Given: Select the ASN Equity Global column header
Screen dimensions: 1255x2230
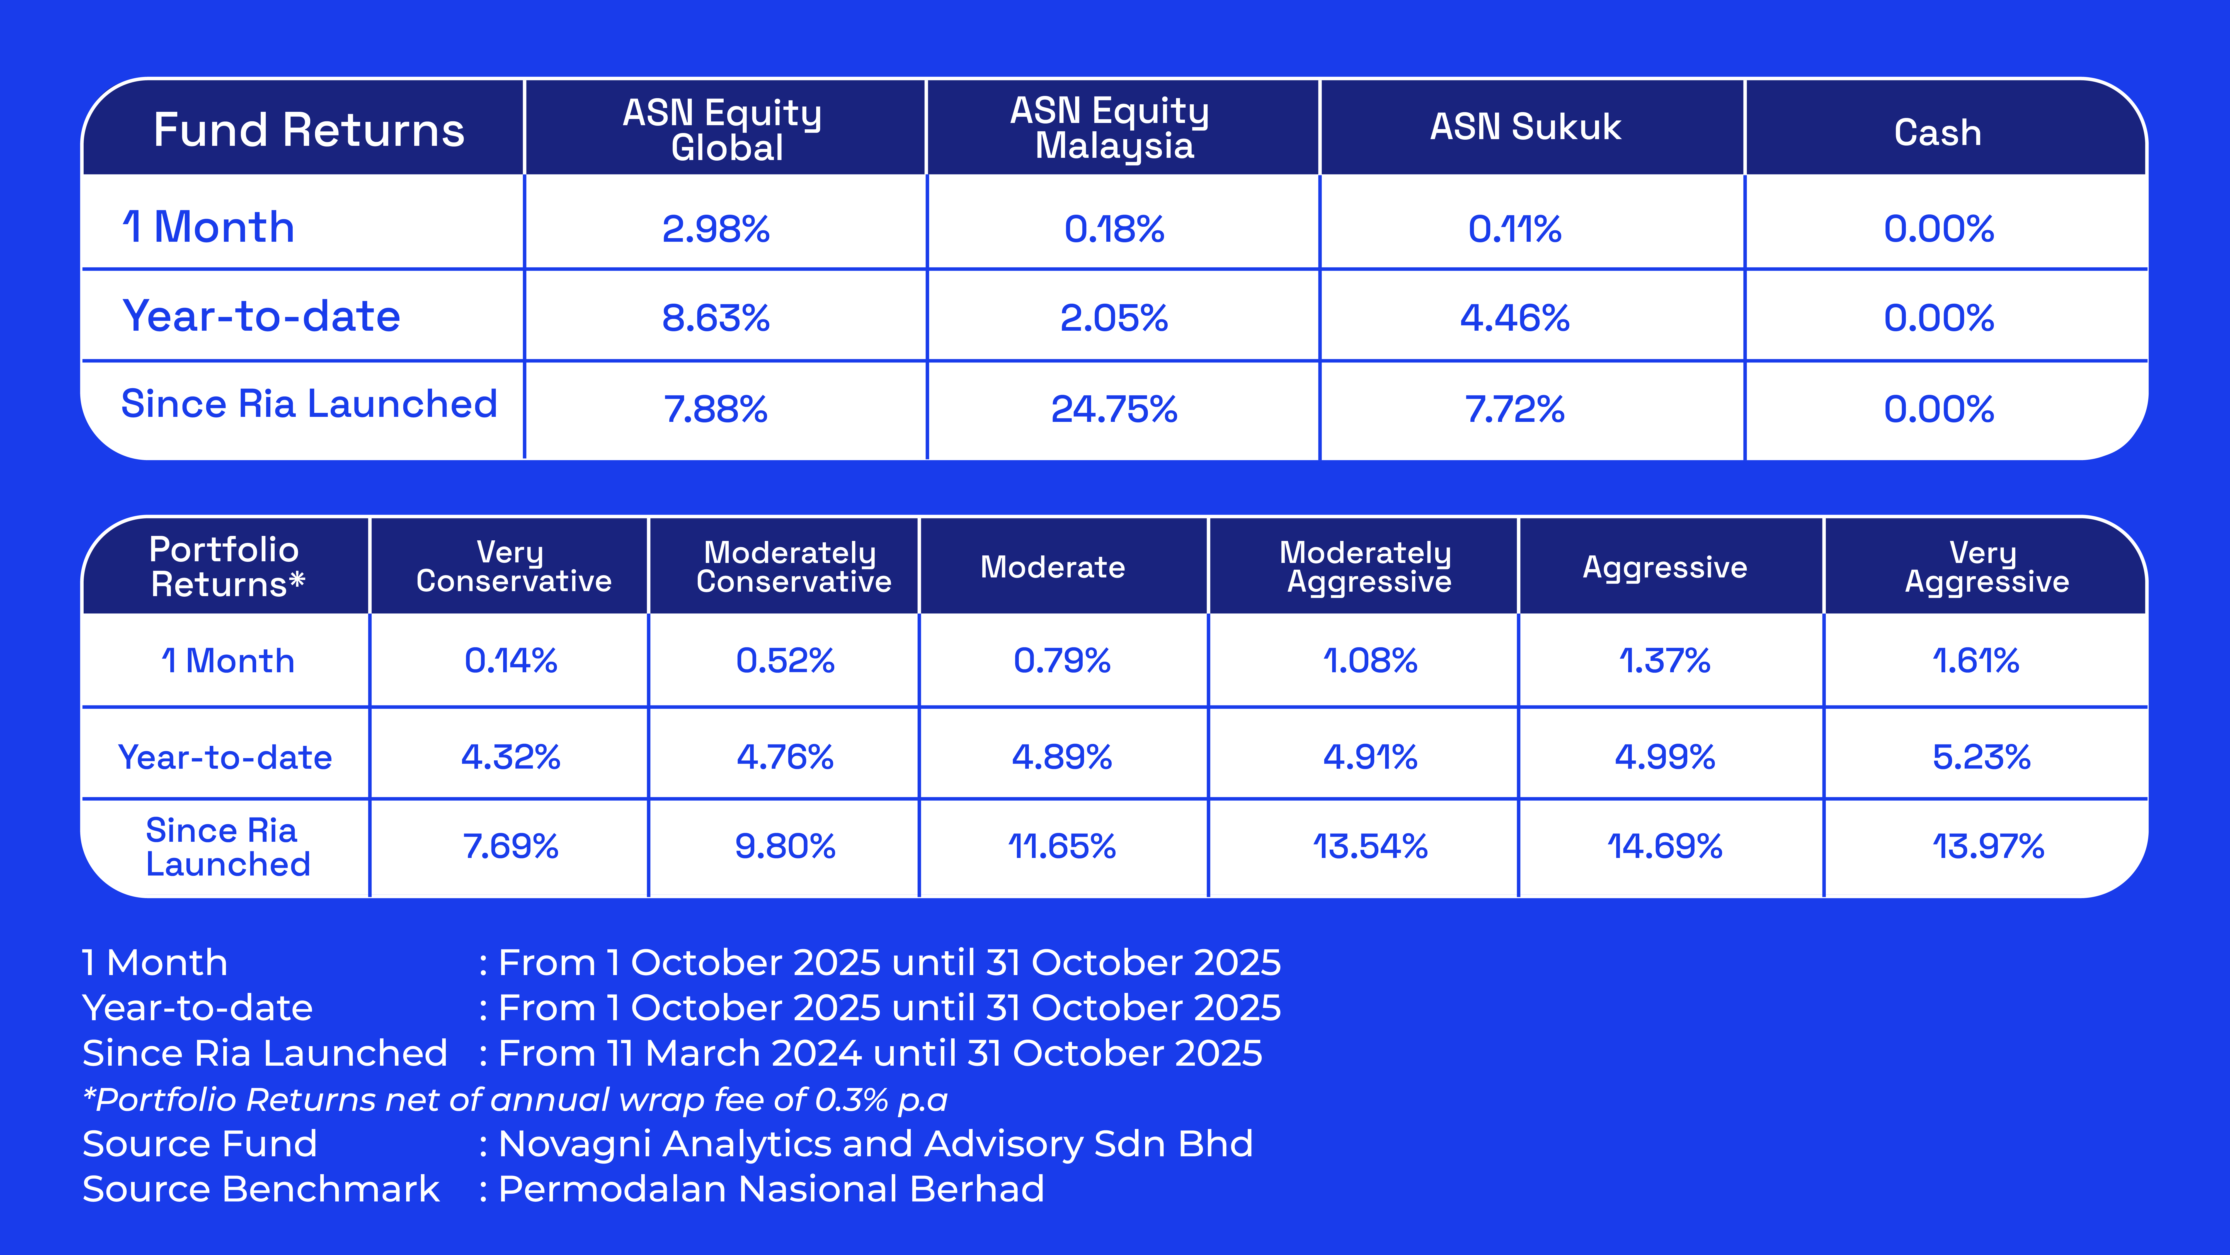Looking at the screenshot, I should coord(723,130).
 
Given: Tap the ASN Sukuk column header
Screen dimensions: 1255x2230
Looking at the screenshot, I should coord(1525,127).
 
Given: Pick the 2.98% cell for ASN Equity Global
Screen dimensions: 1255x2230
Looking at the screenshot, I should coord(716,229).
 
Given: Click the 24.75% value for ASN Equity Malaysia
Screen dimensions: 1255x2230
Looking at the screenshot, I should coord(1114,409).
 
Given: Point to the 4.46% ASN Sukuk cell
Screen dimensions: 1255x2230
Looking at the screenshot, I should coord(1515,318).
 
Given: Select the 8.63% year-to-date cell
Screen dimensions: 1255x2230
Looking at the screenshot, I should coord(716,318).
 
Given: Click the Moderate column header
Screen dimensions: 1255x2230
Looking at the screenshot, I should coord(1053,567).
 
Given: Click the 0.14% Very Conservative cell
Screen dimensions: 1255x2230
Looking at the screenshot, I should coord(511,661).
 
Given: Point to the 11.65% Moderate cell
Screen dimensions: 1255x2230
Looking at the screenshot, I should coord(1062,846).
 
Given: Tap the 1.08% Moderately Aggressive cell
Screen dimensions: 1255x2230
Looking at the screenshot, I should coord(1370,661).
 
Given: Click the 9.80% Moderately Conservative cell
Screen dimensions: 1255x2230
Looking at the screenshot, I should coord(785,846).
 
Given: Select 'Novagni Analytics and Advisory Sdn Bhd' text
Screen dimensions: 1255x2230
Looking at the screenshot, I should coord(875,1144).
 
